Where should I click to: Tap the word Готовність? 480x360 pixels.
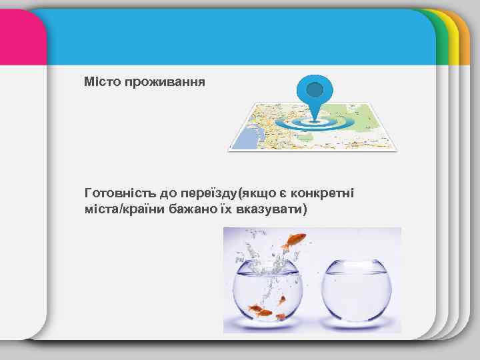(x=120, y=194)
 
